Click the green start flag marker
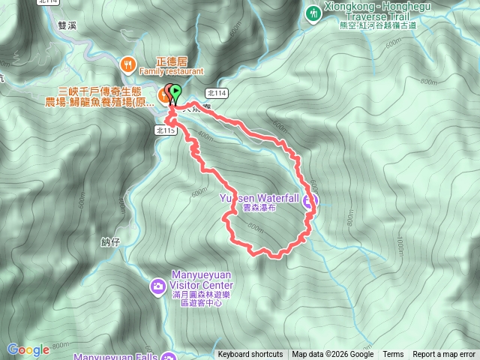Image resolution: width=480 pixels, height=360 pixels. [175, 93]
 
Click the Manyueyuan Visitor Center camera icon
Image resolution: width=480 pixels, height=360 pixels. [158, 286]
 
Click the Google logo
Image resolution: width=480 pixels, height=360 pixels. [28, 349]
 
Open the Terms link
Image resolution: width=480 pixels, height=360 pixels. [393, 355]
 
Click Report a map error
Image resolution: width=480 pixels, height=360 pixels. [444, 355]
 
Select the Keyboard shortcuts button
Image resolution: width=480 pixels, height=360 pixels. [250, 355]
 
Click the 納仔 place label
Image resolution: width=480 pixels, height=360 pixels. [109, 242]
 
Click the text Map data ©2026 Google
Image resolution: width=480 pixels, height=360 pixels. [333, 355]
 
